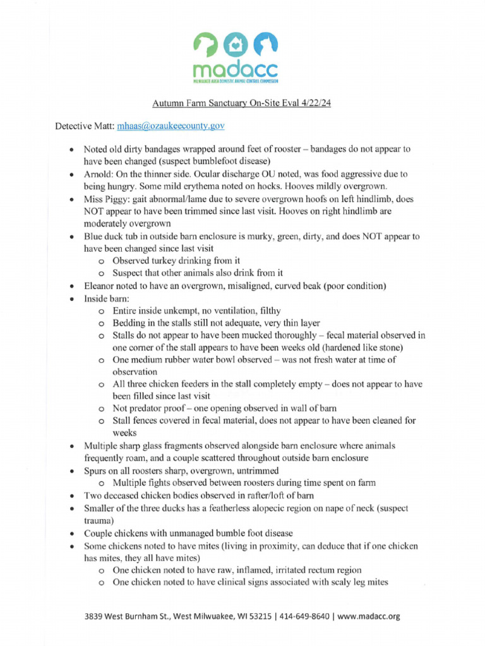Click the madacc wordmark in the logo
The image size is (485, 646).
tap(236, 68)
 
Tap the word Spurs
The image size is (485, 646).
tap(96, 471)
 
